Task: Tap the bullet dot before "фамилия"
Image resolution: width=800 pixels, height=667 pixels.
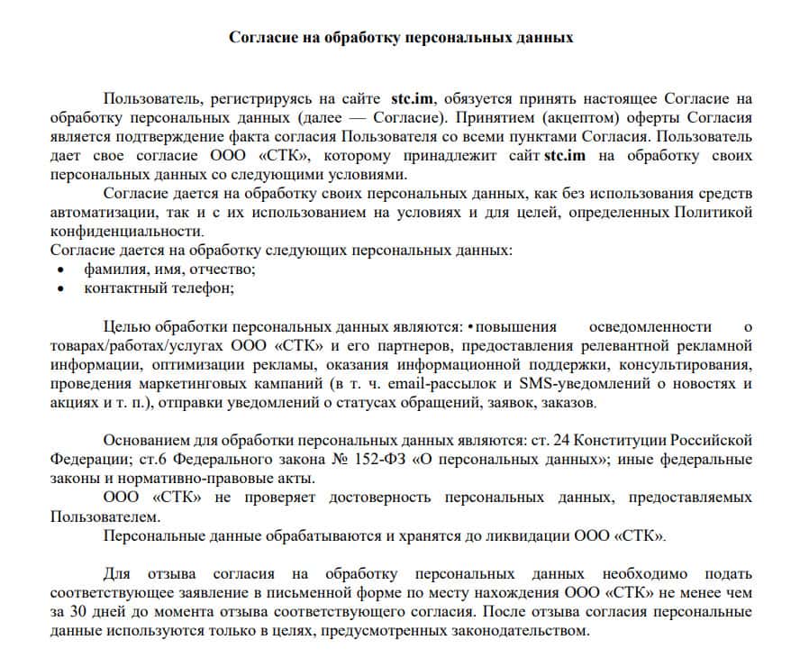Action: coord(60,270)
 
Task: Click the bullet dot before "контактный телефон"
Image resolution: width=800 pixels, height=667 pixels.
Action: coord(60,288)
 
